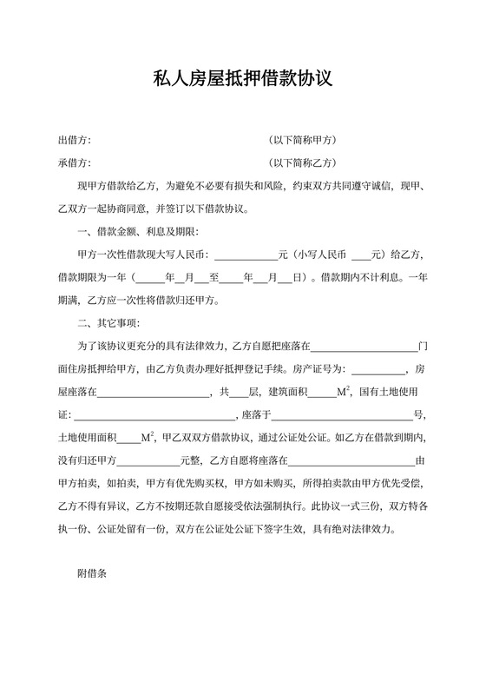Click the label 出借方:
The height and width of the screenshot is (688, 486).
point(75,140)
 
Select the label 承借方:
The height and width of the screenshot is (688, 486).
point(75,162)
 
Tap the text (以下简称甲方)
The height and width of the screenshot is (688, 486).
point(302,140)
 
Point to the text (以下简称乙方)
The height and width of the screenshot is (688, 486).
point(302,162)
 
